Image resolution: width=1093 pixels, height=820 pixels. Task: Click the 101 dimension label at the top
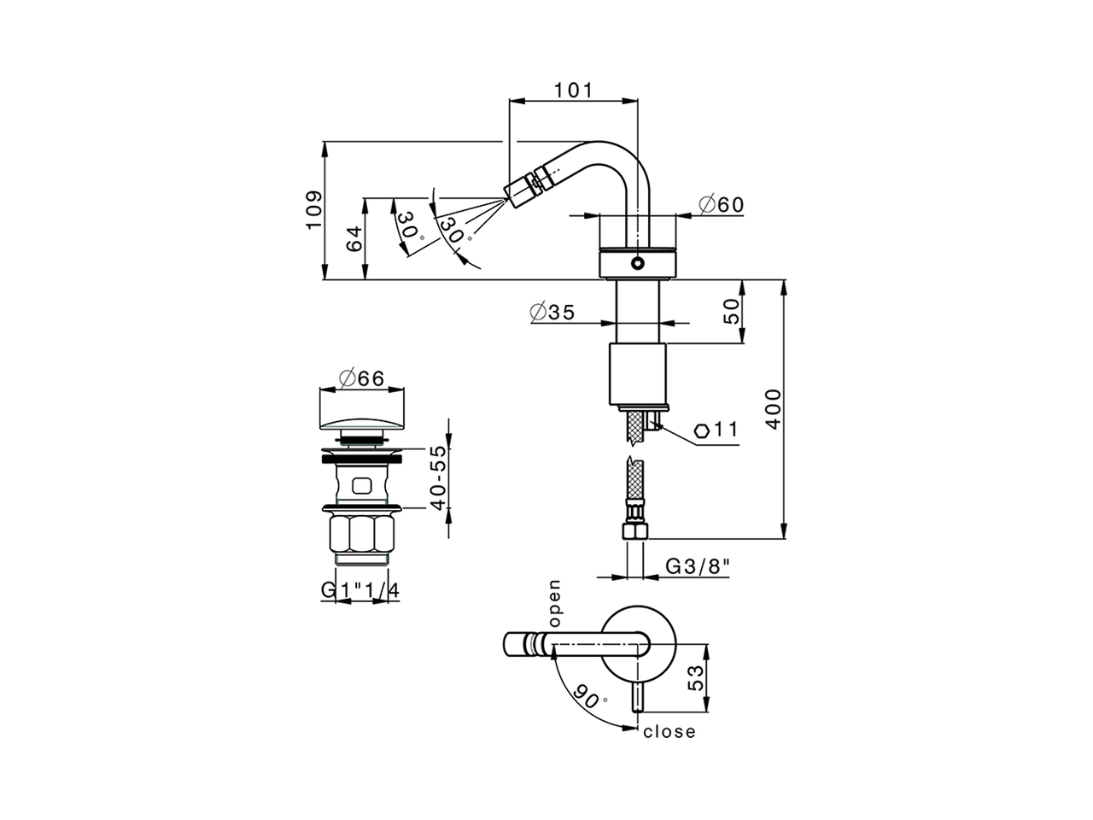pyautogui.click(x=573, y=90)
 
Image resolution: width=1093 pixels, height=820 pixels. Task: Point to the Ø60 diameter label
pyautogui.click(x=721, y=205)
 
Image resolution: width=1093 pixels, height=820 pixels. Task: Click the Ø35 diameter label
pyautogui.click(x=552, y=312)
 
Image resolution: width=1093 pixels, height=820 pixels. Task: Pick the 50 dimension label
pyautogui.click(x=732, y=313)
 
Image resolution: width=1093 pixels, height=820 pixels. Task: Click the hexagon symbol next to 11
pyautogui.click(x=702, y=430)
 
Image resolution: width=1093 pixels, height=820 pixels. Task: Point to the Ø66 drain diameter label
pyautogui.click(x=360, y=378)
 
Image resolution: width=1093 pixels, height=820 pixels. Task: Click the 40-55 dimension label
pyautogui.click(x=438, y=477)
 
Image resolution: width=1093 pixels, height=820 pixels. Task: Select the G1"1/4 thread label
pyautogui.click(x=360, y=590)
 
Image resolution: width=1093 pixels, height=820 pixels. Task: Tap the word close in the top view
pyautogui.click(x=669, y=732)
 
